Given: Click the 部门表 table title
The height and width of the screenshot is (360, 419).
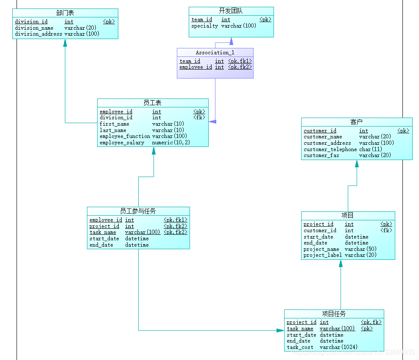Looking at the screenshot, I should click(65, 13).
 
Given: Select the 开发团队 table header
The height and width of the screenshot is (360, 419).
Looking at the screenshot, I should click(231, 11).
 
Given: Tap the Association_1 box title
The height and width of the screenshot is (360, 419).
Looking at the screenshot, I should click(215, 53).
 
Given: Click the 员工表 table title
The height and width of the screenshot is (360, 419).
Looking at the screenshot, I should click(153, 103).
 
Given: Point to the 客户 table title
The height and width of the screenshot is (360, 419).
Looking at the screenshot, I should click(357, 122).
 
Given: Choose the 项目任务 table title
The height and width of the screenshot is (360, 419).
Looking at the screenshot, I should click(334, 314).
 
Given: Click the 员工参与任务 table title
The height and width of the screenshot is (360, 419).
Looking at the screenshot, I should click(138, 211).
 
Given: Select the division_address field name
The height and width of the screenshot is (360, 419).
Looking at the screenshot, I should click(39, 34).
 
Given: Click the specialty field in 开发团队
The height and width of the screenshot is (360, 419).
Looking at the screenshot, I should click(204, 26).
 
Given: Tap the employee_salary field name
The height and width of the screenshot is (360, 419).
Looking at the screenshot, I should click(122, 143).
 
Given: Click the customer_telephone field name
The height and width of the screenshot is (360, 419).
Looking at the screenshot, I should click(330, 149).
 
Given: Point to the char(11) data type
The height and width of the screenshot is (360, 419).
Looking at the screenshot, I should click(370, 149).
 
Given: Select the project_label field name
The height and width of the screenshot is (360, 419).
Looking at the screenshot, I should click(322, 255).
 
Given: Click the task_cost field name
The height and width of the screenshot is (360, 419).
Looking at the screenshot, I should click(300, 347).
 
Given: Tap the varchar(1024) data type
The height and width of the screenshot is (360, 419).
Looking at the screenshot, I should click(338, 347).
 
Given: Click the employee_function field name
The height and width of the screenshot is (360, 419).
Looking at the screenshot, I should click(125, 136).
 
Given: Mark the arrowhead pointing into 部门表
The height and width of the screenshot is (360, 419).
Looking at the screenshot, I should click(65, 43).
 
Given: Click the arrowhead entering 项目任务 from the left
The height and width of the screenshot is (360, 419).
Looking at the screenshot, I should click(280, 330).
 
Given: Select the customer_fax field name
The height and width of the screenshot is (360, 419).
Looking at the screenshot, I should click(321, 155).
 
